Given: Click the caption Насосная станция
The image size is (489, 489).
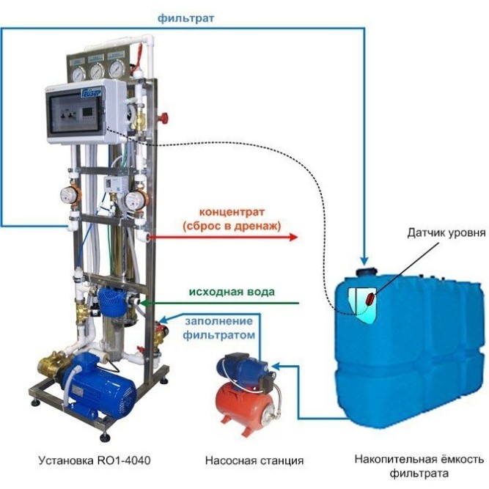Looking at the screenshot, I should [x=254, y=460].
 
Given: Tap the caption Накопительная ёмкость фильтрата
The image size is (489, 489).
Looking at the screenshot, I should [x=419, y=466].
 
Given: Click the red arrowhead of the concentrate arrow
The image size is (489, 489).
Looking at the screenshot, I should [x=294, y=237].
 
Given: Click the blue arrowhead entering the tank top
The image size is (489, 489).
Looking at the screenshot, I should [x=363, y=258].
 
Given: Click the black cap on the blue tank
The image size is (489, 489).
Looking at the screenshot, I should [x=364, y=271].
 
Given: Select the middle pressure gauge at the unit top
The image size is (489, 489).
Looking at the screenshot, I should [x=96, y=70].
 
